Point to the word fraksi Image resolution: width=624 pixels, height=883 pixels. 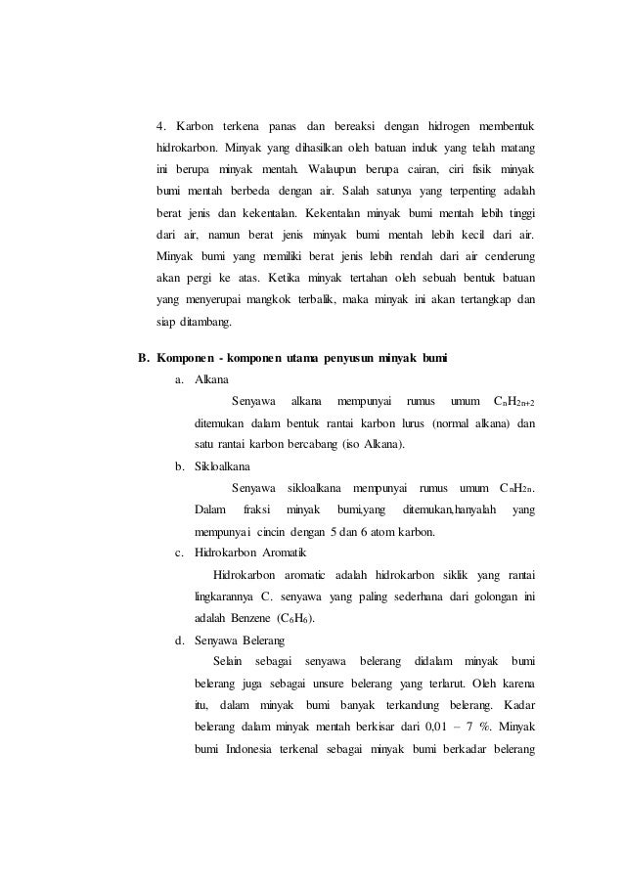[x=256, y=509]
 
